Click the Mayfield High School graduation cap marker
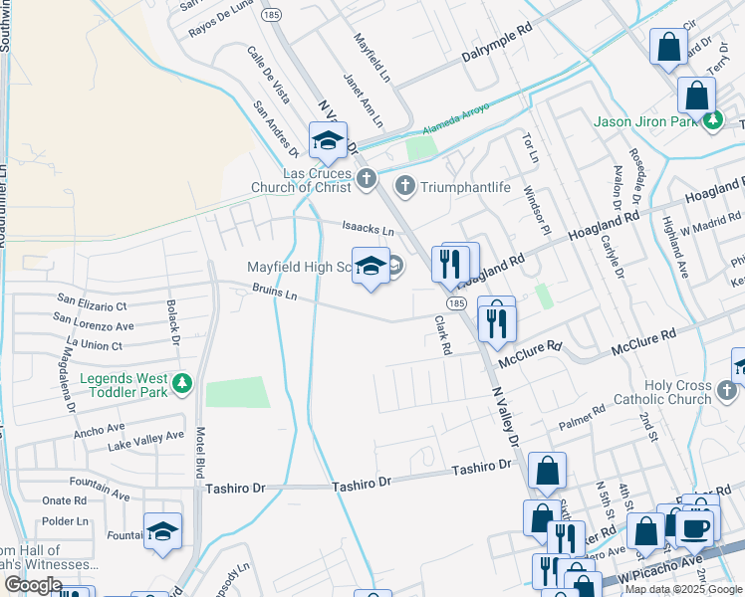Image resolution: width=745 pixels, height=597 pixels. coord(371,266)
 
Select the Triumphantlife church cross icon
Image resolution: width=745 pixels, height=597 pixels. coord(405,184)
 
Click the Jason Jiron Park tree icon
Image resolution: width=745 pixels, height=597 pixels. coord(712,121)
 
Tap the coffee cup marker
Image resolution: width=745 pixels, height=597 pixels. coord(695,527)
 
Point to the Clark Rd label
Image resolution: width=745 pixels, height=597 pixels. coord(444,336)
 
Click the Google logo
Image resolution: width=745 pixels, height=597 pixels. coord(33,585)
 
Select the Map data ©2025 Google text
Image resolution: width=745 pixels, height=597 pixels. coord(683,589)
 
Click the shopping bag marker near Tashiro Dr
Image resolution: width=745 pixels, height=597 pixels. coord(548,472)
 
